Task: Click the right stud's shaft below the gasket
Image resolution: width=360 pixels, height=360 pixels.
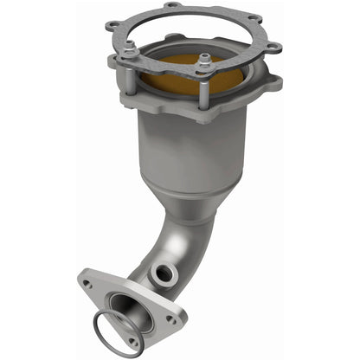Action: click(206, 82)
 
